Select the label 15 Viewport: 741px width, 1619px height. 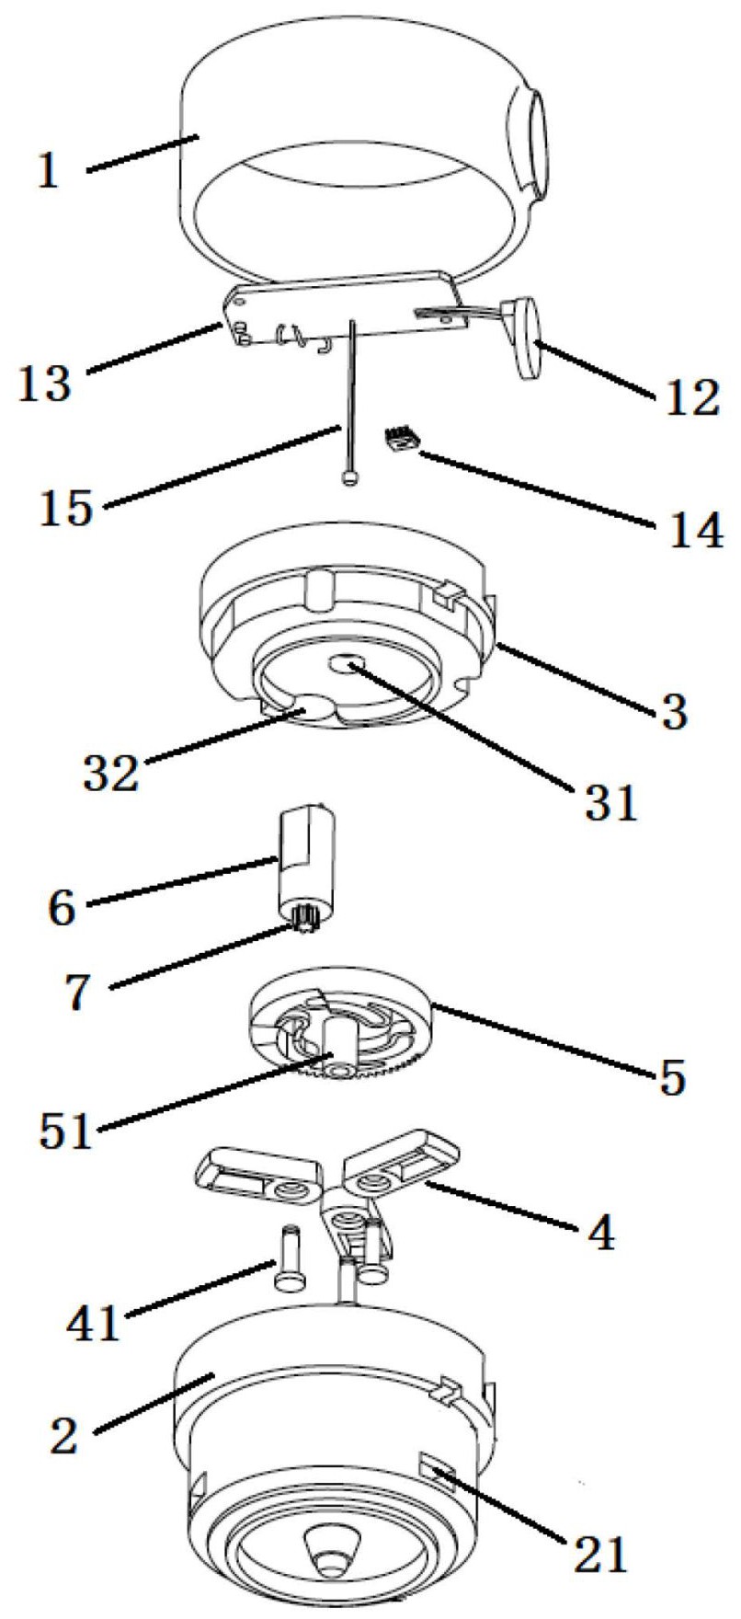[x=66, y=509]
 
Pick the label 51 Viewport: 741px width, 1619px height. [x=65, y=1131]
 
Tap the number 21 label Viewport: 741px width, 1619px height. [x=598, y=1553]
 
